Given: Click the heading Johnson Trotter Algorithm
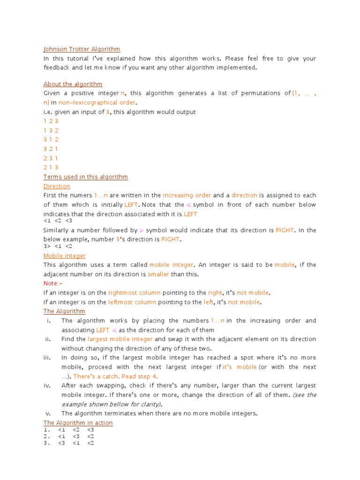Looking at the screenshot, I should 82,49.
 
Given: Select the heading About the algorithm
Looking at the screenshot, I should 73,84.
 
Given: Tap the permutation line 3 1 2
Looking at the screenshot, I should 51,140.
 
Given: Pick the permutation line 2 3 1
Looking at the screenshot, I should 51,158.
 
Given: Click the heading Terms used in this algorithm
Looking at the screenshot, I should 85,177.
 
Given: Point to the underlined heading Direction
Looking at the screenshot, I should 56,186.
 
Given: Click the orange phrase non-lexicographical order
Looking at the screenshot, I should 97,103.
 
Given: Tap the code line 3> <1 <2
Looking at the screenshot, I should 58,246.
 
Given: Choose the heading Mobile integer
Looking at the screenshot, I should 64,255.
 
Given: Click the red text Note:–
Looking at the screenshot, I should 53,284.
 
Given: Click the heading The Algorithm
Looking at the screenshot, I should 64,311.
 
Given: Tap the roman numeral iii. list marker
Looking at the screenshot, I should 47,358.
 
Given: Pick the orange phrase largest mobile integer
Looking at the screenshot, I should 120,339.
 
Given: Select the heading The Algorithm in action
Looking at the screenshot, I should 78,423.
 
